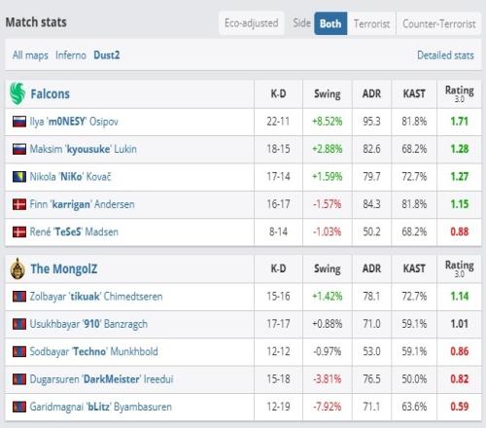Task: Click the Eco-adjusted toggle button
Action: [252, 23]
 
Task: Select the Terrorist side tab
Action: [371, 23]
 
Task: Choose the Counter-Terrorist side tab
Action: [439, 23]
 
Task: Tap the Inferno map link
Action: [71, 55]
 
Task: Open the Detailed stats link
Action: [445, 55]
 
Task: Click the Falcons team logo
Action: [17, 93]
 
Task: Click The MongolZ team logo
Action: [17, 268]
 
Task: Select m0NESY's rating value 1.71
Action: [460, 122]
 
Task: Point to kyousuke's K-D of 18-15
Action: [278, 149]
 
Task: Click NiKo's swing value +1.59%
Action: [328, 176]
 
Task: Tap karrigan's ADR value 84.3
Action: [371, 204]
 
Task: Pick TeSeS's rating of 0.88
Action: [460, 232]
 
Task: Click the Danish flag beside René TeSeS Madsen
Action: [19, 232]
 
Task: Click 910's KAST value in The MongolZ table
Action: [414, 324]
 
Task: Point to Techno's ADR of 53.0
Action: [371, 351]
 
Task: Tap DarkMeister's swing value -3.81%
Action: [328, 378]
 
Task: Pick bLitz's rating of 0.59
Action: [460, 407]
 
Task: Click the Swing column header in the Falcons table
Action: [328, 94]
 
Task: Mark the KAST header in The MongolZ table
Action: [414, 268]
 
